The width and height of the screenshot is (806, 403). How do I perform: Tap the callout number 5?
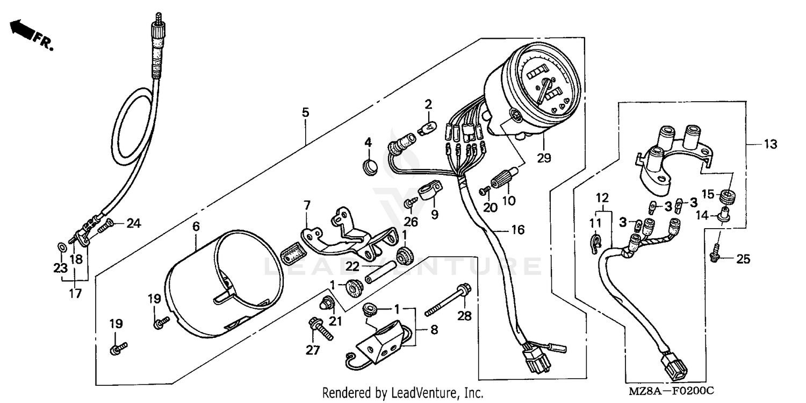pos(305,112)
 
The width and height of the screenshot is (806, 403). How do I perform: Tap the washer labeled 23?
pos(62,247)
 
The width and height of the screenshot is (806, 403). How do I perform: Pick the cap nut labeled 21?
pos(326,303)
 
